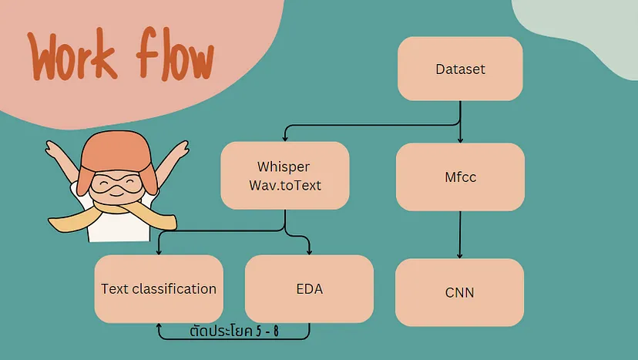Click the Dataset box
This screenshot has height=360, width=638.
460,69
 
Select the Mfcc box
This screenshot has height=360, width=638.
460,177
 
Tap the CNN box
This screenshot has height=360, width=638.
459,292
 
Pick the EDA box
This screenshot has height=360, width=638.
309,289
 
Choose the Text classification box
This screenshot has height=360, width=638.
159,289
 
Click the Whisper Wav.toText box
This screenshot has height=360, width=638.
285,176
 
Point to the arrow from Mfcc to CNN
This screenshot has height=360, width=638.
460,234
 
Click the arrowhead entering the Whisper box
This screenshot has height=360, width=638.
285,139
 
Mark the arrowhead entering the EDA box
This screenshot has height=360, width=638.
309,251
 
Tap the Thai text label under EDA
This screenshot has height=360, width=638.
234,331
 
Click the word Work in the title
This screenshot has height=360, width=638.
72,55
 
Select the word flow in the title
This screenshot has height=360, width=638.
175,53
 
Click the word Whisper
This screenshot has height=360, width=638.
284,167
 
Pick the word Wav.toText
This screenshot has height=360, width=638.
285,185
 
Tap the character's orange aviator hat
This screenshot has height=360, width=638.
117,159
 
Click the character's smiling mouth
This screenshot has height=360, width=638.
116,193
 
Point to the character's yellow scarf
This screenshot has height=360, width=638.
112,217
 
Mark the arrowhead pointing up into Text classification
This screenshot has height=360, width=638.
159,326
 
